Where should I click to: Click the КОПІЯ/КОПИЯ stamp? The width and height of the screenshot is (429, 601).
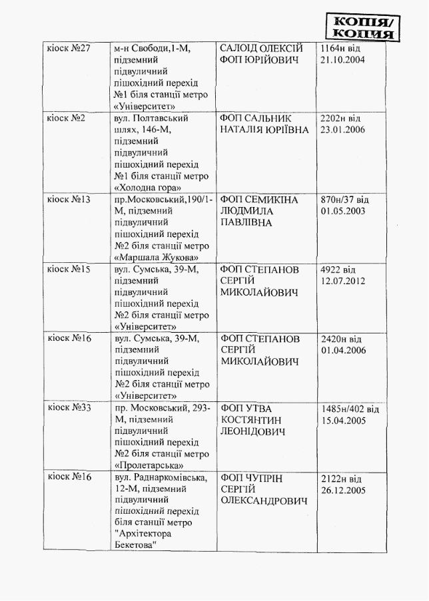click(x=364, y=26)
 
